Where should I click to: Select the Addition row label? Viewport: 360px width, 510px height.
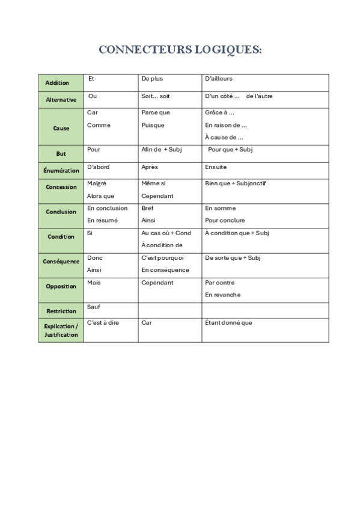click(x=57, y=83)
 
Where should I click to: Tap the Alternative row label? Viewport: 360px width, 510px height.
click(x=61, y=100)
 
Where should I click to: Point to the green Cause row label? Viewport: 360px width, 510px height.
click(x=61, y=128)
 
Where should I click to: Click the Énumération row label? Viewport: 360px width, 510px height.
click(x=61, y=171)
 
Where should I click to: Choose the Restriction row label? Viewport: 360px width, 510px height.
click(x=61, y=311)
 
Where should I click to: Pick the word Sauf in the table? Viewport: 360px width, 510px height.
click(x=94, y=307)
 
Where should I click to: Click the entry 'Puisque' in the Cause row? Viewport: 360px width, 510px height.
click(x=153, y=125)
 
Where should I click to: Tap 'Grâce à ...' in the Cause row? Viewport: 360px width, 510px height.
click(x=219, y=112)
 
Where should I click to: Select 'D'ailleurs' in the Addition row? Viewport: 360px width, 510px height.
click(x=219, y=79)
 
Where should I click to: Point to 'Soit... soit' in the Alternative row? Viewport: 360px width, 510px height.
click(x=156, y=96)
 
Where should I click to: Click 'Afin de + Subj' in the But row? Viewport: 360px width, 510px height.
click(x=161, y=150)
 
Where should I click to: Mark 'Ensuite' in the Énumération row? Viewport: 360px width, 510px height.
click(x=216, y=167)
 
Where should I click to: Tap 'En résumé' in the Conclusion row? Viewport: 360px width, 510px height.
click(x=102, y=220)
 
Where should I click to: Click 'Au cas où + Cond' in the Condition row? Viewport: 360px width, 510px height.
click(x=166, y=233)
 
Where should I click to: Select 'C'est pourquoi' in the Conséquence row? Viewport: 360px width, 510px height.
click(x=162, y=258)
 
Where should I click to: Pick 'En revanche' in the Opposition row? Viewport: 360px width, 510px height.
click(x=223, y=295)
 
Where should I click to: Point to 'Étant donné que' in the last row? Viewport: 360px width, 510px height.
click(x=228, y=322)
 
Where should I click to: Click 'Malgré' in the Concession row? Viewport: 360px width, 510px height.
click(x=97, y=183)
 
